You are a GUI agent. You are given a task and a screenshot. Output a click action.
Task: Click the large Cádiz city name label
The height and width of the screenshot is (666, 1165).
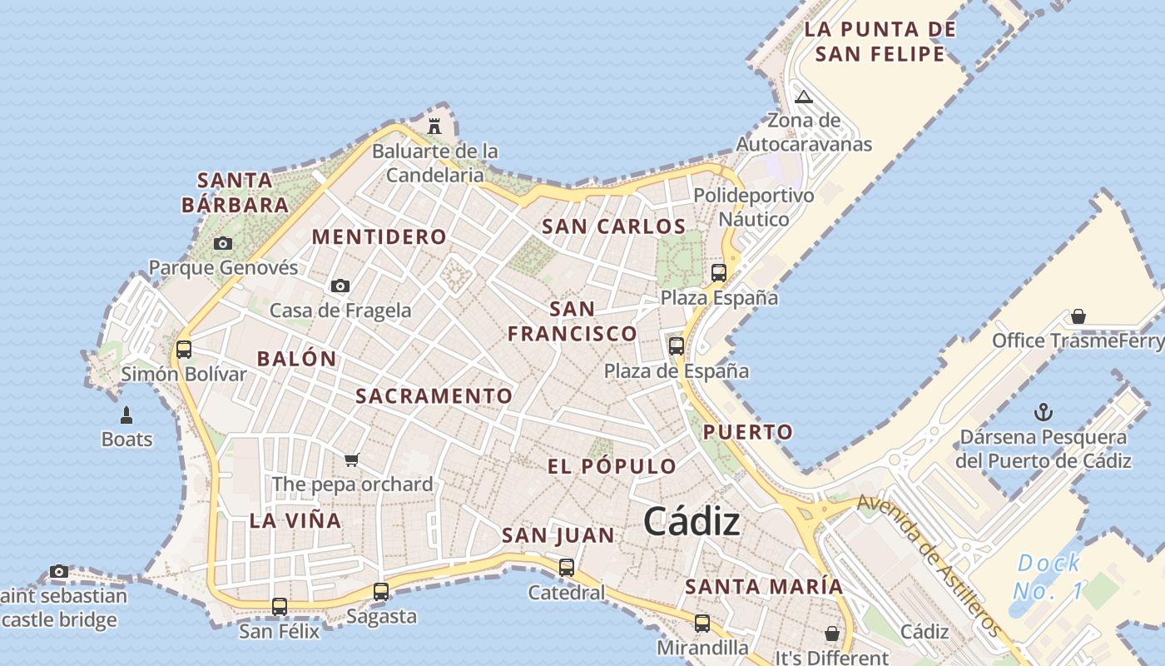click(x=692, y=522)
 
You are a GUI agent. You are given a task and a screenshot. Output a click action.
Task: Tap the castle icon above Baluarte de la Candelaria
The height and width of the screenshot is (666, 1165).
click(x=434, y=127)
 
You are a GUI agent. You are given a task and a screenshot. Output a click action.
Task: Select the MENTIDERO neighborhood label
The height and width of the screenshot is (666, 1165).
click(x=379, y=236)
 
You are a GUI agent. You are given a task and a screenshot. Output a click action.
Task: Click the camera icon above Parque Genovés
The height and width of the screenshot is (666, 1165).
click(x=223, y=244)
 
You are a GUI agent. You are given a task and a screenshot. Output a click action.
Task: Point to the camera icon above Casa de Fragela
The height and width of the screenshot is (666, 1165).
click(x=340, y=286)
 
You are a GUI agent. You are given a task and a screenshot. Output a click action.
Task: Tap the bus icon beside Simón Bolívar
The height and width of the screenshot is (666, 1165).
click(x=184, y=350)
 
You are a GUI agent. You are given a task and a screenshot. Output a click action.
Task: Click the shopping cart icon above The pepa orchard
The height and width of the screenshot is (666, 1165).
click(x=352, y=460)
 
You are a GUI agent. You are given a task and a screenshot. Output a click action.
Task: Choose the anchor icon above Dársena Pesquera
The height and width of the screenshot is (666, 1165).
click(x=1043, y=412)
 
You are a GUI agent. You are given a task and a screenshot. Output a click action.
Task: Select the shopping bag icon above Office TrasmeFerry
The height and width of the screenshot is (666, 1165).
click(x=1078, y=316)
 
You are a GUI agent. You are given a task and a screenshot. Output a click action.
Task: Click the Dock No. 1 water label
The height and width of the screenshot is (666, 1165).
click(x=1048, y=577)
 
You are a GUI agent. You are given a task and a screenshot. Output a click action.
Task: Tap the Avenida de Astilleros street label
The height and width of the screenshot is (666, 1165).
click(x=928, y=564)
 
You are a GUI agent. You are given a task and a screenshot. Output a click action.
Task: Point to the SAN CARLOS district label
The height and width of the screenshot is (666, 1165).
click(x=614, y=226)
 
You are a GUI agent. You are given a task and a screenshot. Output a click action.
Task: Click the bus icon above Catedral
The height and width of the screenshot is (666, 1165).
click(x=567, y=568)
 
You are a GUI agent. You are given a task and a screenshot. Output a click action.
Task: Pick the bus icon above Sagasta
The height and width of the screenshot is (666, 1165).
click(x=381, y=592)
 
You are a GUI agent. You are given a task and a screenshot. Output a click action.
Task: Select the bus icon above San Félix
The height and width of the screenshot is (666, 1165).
click(x=280, y=607)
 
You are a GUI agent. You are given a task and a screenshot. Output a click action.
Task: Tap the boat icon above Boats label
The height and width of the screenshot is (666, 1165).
click(x=126, y=415)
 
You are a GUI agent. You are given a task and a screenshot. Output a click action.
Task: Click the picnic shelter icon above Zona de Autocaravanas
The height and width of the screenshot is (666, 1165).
click(x=803, y=97)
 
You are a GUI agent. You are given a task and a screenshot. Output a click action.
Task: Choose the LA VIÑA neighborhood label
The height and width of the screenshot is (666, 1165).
click(x=295, y=521)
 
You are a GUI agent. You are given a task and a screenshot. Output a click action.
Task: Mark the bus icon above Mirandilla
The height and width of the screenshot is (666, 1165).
click(x=702, y=624)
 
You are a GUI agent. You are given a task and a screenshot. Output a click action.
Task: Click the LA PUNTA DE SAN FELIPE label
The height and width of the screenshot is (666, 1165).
click(x=880, y=42)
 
